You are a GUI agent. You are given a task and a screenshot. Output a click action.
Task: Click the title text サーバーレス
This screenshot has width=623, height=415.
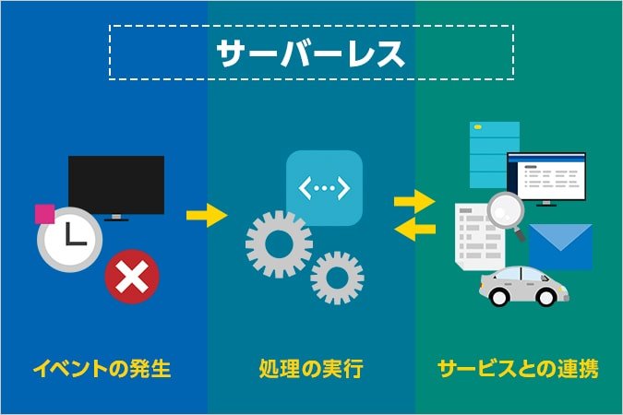(x=311, y=53)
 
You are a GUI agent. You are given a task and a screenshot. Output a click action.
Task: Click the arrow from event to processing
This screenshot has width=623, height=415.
(x=206, y=216)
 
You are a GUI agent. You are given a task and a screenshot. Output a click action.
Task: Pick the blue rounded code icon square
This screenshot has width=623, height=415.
(x=323, y=188)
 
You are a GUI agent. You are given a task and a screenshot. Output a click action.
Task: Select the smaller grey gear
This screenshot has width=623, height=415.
(x=337, y=278)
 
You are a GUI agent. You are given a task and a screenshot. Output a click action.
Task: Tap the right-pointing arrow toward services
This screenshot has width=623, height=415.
(x=413, y=199)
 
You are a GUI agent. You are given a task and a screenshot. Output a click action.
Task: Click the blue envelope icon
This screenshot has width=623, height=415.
(x=561, y=247)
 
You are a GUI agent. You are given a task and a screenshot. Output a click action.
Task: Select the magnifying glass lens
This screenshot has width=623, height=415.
(x=506, y=211)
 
